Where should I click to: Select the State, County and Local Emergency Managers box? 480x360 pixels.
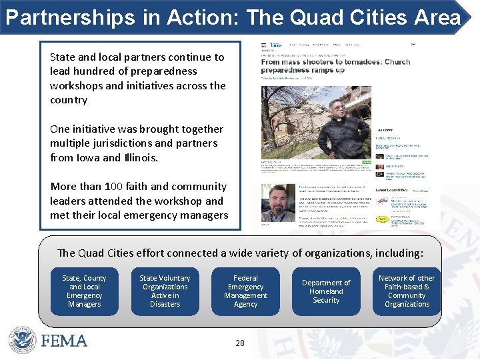click(84, 291)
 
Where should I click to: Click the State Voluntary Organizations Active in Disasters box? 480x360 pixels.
click(165, 291)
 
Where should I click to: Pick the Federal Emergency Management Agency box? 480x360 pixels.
click(245, 291)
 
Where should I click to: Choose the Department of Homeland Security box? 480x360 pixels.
click(326, 291)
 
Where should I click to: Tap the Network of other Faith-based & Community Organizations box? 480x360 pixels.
click(407, 291)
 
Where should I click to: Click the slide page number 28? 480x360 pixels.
click(240, 343)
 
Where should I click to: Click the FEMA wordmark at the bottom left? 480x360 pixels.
click(64, 341)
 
